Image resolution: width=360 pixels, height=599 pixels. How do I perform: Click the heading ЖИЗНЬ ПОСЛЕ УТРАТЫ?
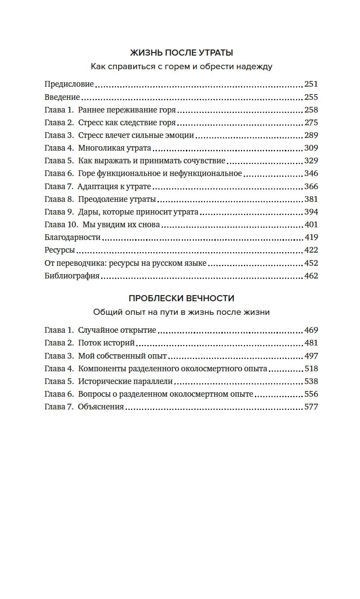click(181, 53)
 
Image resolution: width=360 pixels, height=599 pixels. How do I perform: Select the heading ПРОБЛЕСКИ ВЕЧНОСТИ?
click(181, 299)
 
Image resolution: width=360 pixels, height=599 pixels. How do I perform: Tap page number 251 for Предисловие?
click(311, 84)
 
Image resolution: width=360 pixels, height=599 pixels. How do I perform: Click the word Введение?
click(62, 97)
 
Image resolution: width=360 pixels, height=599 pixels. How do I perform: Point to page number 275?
click(311, 123)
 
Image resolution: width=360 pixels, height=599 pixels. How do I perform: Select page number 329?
click(311, 161)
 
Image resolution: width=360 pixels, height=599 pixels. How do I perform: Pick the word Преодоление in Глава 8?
click(100, 199)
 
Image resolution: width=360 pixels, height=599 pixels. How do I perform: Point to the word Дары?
click(88, 212)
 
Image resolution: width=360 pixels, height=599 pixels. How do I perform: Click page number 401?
click(311, 225)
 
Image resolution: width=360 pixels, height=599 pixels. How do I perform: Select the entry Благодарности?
click(73, 237)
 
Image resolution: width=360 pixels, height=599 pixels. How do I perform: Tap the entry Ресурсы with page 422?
click(60, 250)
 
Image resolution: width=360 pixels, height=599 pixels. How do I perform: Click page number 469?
click(311, 330)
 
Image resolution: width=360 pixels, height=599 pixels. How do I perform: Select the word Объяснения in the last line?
click(101, 407)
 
